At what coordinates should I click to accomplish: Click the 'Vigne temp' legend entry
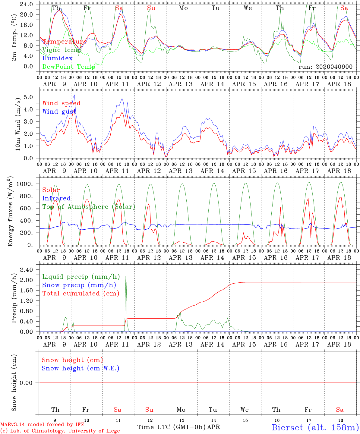(x=62, y=50)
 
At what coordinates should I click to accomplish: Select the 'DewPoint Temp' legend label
(x=69, y=67)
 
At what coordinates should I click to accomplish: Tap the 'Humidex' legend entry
(x=57, y=58)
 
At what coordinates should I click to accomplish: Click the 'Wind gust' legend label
(x=59, y=112)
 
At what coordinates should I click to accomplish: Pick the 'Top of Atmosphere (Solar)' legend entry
(x=89, y=207)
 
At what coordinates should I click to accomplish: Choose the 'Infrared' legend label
(x=56, y=198)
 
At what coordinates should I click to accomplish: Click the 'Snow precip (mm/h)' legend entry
(x=79, y=285)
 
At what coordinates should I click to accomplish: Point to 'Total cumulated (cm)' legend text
(x=81, y=293)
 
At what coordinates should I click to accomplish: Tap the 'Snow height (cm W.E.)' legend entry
(x=81, y=368)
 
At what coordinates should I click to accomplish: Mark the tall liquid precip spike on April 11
(x=126, y=270)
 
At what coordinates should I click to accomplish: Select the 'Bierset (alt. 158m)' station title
(x=315, y=427)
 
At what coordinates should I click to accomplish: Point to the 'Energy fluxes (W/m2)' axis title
(x=11, y=211)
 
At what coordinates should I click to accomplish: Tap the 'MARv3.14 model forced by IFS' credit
(x=42, y=424)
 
